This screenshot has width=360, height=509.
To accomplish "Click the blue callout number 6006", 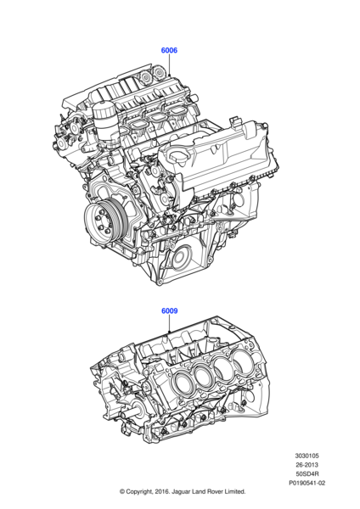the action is [x=169, y=50].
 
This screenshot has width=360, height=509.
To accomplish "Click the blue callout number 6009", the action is [x=170, y=311].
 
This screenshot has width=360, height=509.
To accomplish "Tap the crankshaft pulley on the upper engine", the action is [x=103, y=220].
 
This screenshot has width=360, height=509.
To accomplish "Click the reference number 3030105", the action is [x=307, y=456].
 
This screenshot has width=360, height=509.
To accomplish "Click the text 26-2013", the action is [x=307, y=465].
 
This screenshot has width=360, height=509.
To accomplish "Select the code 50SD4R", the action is [x=307, y=474].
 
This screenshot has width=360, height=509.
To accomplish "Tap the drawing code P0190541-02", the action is [x=307, y=483].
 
